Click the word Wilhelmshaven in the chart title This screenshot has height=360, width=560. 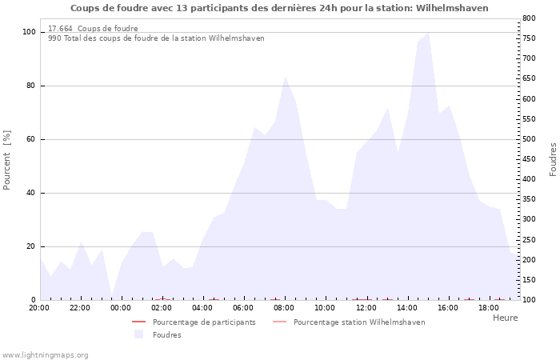[x=452, y=8]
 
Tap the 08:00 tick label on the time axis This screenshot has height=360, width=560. [x=284, y=308]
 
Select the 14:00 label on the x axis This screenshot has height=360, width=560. [x=406, y=308]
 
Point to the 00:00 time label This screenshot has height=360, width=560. [x=121, y=308]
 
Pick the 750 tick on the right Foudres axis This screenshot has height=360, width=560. [x=529, y=38]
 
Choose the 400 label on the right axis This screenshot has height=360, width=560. [x=529, y=179]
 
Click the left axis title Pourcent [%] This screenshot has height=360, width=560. [x=6, y=160]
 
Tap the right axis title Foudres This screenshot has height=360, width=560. [x=553, y=160]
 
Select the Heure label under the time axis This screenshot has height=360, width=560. [x=506, y=318]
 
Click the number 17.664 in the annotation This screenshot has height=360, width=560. [x=60, y=29]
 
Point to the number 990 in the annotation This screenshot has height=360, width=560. [x=54, y=38]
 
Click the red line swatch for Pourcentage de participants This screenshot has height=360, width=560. [x=139, y=322]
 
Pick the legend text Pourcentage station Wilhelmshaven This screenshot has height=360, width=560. [x=359, y=322]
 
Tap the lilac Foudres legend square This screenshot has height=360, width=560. [x=138, y=334]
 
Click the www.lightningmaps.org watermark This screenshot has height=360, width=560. [x=45, y=355]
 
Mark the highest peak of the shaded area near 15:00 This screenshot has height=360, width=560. [x=428, y=33]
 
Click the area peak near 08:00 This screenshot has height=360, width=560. [x=285, y=77]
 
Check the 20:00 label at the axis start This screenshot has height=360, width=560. [x=39, y=308]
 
